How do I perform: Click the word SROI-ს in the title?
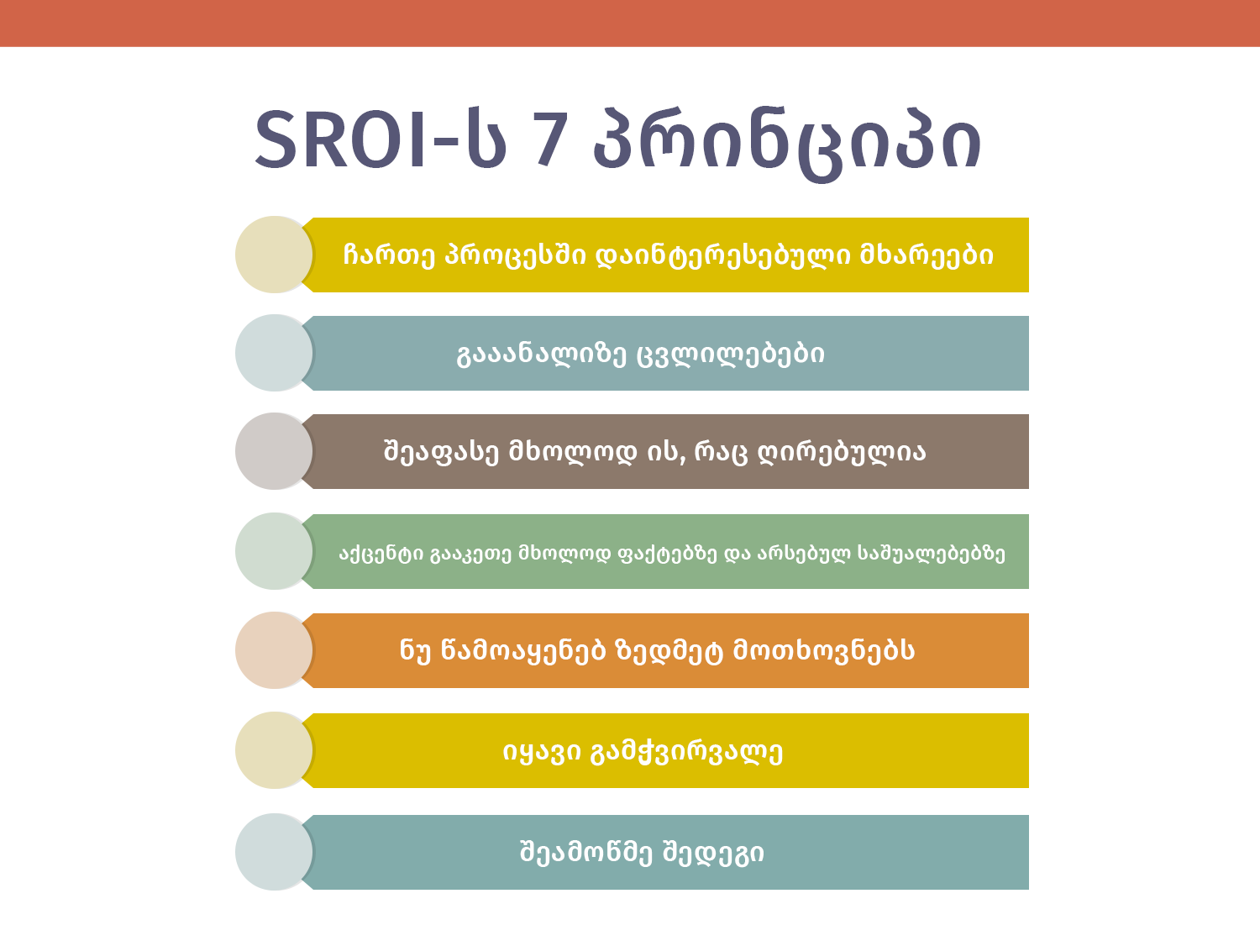381,139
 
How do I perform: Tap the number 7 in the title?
550,139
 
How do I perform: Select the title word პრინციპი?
787,145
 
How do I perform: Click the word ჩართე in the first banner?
389,255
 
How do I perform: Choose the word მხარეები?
926,255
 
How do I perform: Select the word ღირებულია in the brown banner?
843,452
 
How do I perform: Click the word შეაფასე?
441,452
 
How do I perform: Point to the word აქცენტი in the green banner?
381,554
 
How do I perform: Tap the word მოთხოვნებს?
824,651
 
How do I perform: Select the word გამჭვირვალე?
687,751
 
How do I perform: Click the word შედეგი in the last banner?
713,853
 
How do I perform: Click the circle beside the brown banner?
275,451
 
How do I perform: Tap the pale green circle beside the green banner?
275,551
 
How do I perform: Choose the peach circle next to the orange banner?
275,650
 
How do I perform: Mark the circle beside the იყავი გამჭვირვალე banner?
275,750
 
